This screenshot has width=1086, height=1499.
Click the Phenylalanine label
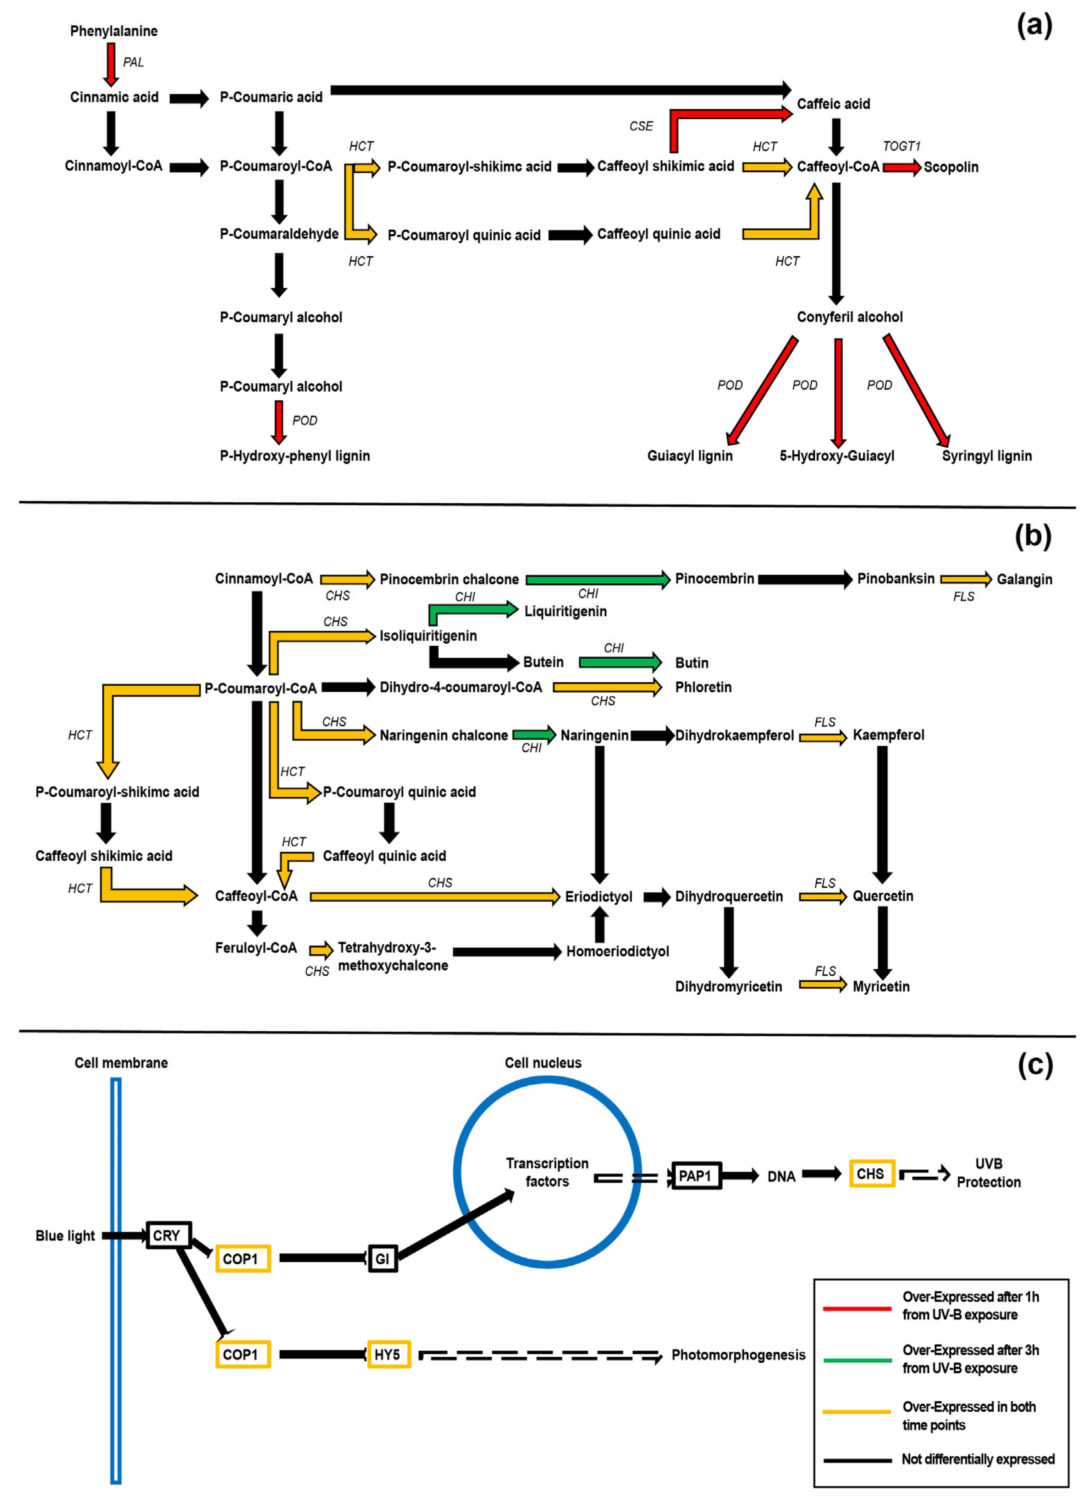coord(114,31)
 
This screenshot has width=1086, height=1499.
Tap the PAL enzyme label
coord(133,62)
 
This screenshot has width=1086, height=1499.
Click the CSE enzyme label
coord(641,126)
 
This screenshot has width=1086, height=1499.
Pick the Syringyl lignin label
coord(986,456)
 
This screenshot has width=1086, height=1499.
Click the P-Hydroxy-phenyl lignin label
coord(294,456)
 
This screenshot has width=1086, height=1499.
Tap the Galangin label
coord(1024,580)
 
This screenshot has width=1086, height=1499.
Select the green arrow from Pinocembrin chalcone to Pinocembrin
coord(598,580)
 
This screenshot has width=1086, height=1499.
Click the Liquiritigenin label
coord(566,611)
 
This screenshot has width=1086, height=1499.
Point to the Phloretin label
coord(703,687)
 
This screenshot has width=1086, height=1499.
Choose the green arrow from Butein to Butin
coord(619,662)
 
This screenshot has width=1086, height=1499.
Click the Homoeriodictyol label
coord(617,952)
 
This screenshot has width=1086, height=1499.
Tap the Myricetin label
coord(881,987)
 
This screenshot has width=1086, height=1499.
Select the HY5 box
coord(388,1355)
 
